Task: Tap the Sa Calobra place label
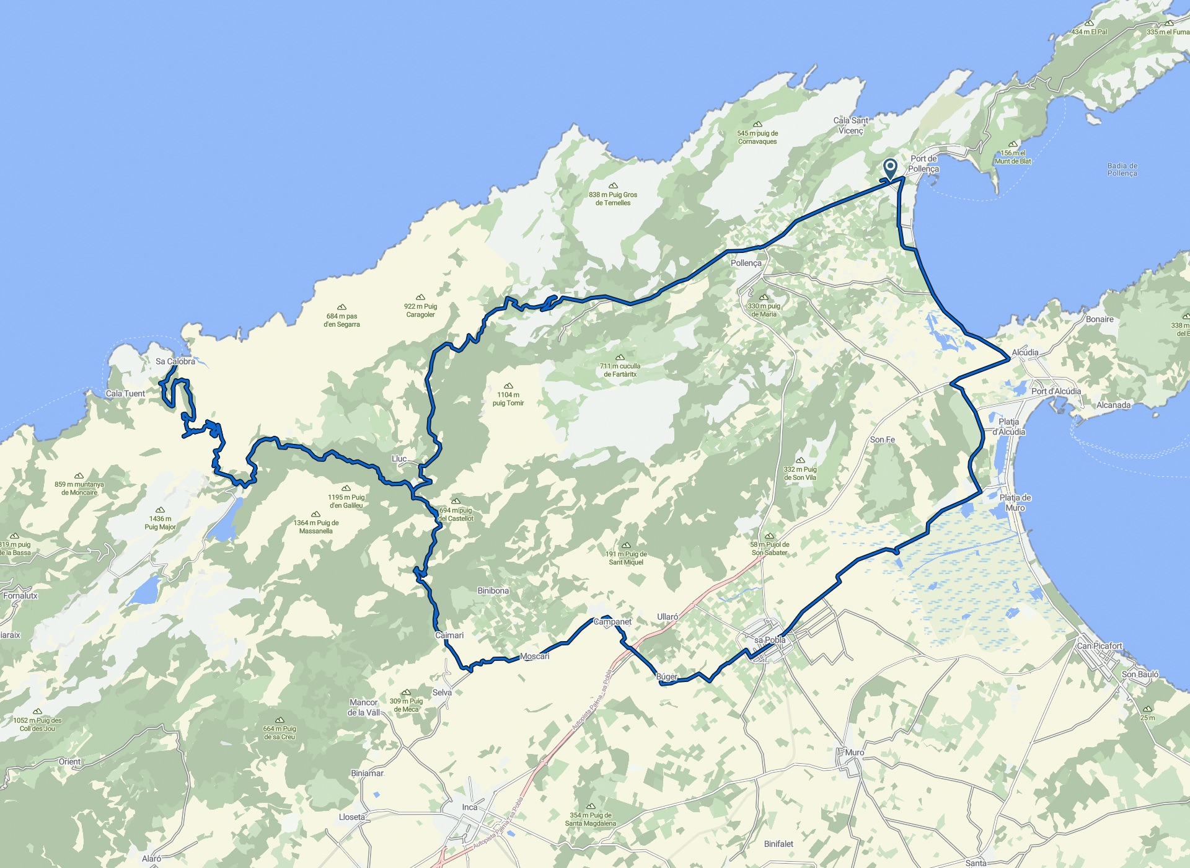(175, 361)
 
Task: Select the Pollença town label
(746, 263)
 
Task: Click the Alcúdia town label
(1025, 352)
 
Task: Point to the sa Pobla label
(770, 640)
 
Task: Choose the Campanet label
(612, 622)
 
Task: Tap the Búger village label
(667, 676)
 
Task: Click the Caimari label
(449, 635)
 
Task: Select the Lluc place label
(399, 459)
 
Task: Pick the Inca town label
(470, 807)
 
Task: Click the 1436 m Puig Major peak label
(160, 523)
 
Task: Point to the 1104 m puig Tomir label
(508, 399)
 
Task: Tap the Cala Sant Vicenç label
(850, 125)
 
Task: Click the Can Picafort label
(1100, 645)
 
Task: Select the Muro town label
(855, 752)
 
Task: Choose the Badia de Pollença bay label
(1122, 169)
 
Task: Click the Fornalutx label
(20, 596)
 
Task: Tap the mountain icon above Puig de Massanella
(315, 514)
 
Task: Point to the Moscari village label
(534, 656)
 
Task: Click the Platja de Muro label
(1015, 502)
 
